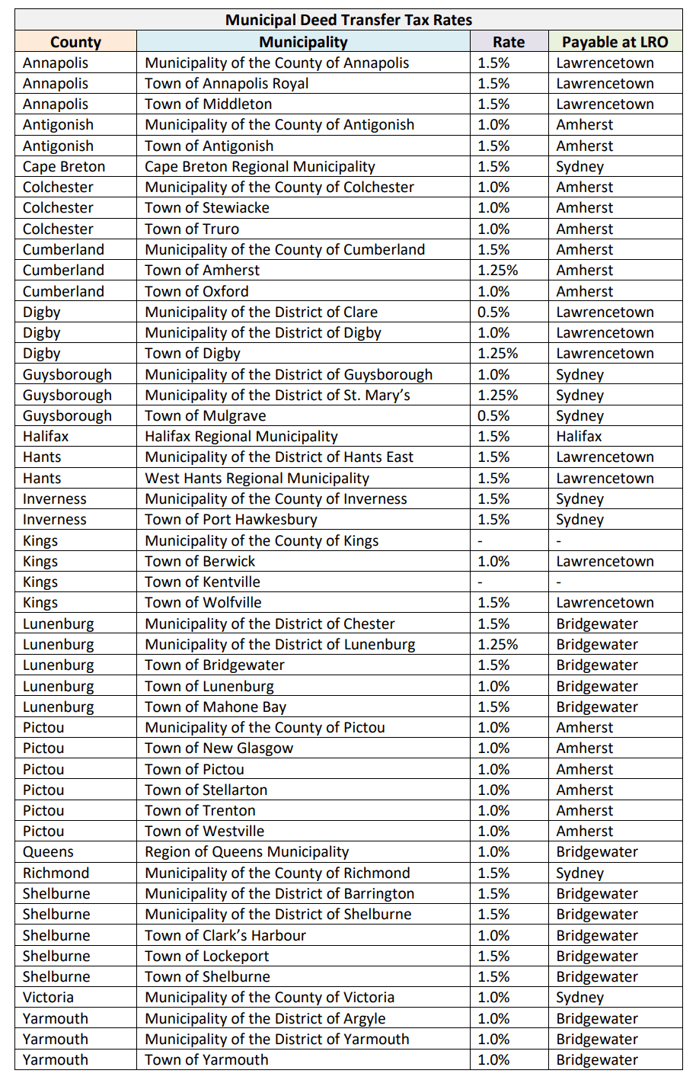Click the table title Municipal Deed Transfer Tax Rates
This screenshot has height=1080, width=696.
348,20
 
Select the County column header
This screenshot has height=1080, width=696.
75,42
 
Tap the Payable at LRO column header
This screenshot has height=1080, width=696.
615,42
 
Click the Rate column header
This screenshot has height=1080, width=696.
509,42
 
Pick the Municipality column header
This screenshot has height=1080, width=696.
303,42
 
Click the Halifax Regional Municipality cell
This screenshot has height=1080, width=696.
241,437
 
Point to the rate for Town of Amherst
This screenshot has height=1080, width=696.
497,271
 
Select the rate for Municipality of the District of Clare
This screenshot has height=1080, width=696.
493,312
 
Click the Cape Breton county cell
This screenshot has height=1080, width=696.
64,167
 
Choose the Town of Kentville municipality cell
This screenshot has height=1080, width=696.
203,582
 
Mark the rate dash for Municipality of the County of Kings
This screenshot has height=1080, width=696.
480,541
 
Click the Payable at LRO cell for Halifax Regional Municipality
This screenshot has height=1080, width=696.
579,437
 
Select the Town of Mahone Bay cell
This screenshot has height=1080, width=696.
216,707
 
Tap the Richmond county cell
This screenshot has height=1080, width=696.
56,873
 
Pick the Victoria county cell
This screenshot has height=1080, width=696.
48,998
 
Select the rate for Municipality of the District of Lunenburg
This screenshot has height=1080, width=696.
497,645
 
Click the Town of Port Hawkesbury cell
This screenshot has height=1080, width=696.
231,520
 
